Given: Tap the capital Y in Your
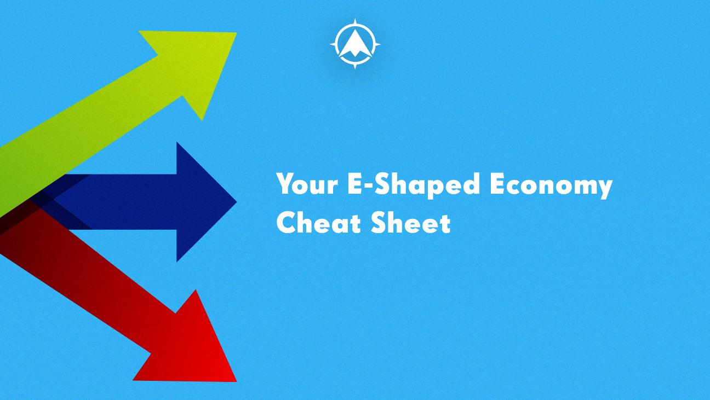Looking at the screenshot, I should point(285,184).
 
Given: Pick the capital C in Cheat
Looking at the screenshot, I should point(286,223).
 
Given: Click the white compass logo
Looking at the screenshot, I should point(355,44).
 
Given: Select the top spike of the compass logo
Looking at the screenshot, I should point(355,21).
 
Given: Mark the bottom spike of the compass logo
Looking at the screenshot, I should point(355,66).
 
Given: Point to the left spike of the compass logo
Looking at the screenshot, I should point(333,44).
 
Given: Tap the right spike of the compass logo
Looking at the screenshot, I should point(377,44).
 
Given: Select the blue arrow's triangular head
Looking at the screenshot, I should point(203,202).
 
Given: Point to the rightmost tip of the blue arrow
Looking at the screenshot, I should point(236,202).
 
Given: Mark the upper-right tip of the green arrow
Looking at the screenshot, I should point(235,34).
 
